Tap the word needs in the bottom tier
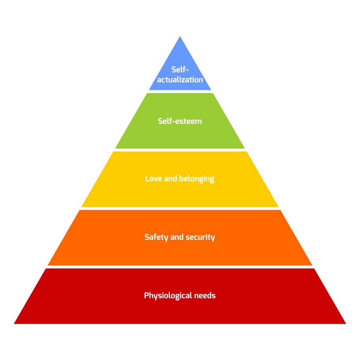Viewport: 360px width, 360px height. click(205, 295)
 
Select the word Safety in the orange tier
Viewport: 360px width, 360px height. click(156, 237)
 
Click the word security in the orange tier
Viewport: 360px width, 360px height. click(200, 237)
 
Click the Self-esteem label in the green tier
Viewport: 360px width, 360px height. click(180, 121)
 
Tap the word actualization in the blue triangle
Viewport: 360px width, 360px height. click(180, 79)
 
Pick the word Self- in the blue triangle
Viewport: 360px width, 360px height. click(180, 69)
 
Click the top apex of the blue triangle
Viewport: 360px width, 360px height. click(180, 36)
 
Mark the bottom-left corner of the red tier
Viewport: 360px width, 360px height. click(14, 324)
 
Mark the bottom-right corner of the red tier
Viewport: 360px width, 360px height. click(346, 324)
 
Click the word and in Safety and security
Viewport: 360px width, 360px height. click(177, 237)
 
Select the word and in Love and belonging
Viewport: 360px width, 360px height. click(171, 178)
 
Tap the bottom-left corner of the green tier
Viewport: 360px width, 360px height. click(115, 148)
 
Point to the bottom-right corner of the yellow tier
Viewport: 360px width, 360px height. click(278, 207)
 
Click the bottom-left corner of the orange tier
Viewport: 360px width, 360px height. click(47, 265)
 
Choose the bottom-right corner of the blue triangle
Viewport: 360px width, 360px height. click(211, 90)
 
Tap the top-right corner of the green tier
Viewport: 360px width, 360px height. click(213, 93)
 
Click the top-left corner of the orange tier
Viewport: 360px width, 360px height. click(79, 210)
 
